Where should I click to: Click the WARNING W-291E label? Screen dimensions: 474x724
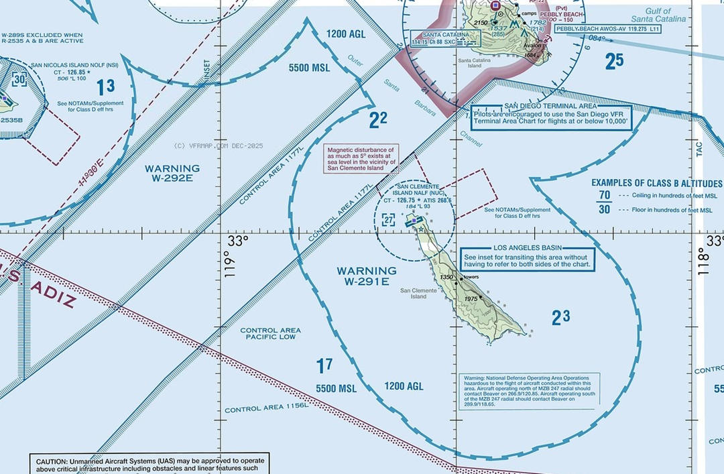[x=366, y=276]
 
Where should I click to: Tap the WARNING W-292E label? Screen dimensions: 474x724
[x=172, y=173]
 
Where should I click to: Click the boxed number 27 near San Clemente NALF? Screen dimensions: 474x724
[x=389, y=219]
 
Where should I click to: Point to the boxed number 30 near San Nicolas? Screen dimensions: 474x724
[x=19, y=79]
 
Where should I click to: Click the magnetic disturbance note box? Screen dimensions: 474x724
[x=361, y=159]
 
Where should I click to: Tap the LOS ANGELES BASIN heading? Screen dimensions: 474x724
[x=527, y=248]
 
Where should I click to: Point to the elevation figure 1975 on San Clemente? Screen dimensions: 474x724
[x=471, y=299]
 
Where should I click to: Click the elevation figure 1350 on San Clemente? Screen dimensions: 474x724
[x=446, y=277]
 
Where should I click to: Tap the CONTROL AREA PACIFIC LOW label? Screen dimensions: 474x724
[x=270, y=334]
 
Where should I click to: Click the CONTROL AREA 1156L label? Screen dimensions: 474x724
[x=266, y=407]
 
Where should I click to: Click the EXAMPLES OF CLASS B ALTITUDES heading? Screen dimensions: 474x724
[x=656, y=183]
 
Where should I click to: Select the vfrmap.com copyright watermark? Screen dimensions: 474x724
[x=219, y=145]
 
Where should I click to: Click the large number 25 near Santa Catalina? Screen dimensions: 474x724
[x=613, y=61]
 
